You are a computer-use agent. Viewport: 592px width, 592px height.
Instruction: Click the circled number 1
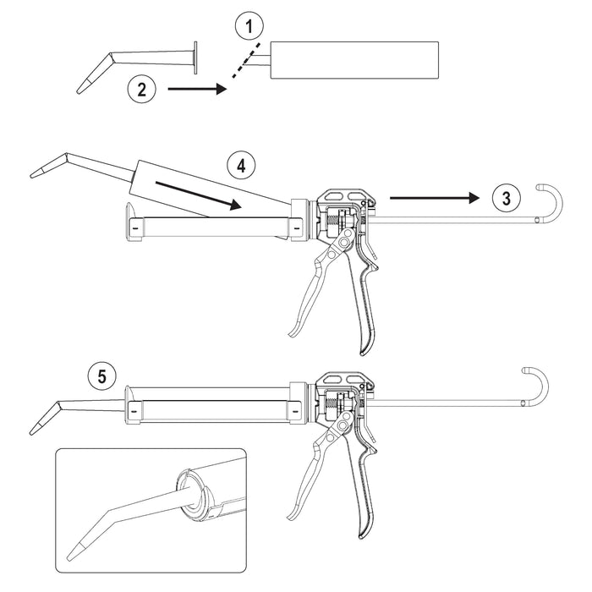click(249, 26)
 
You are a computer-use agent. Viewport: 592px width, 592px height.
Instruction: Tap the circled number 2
click(141, 90)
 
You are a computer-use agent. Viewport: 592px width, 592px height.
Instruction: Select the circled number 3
click(507, 198)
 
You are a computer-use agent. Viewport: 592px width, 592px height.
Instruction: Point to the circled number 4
click(241, 166)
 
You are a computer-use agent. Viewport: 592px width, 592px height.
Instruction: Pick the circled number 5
click(102, 376)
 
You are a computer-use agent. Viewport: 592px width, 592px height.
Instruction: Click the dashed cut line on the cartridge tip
click(246, 60)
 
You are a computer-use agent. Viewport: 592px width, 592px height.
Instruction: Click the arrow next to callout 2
click(197, 89)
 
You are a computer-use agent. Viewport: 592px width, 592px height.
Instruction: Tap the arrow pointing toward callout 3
click(434, 197)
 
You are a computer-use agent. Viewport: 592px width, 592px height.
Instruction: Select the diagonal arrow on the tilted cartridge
click(198, 194)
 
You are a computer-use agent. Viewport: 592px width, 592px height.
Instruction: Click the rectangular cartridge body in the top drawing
click(354, 60)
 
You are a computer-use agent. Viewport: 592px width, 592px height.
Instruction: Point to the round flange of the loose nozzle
click(195, 58)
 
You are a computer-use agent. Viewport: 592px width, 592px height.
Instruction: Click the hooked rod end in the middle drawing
click(551, 203)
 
